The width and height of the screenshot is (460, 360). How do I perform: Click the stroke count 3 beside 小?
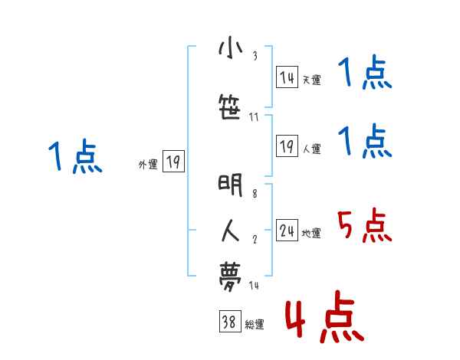click(x=255, y=55)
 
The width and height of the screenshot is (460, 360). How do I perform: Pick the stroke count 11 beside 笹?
click(x=255, y=116)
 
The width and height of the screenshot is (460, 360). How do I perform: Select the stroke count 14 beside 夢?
click(x=255, y=285)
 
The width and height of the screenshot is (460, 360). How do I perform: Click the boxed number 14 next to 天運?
click(x=287, y=77)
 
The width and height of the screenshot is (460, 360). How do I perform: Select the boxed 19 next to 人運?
click(x=287, y=146)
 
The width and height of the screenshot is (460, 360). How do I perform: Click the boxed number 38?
click(x=229, y=322)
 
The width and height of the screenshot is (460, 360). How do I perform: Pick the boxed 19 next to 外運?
click(x=173, y=162)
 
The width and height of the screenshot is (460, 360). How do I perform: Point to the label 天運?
click(x=311, y=80)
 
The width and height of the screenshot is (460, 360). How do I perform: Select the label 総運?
click(x=254, y=325)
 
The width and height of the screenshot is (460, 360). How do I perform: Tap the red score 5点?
click(x=364, y=225)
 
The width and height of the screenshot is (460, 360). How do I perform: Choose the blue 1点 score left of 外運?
click(x=74, y=157)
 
